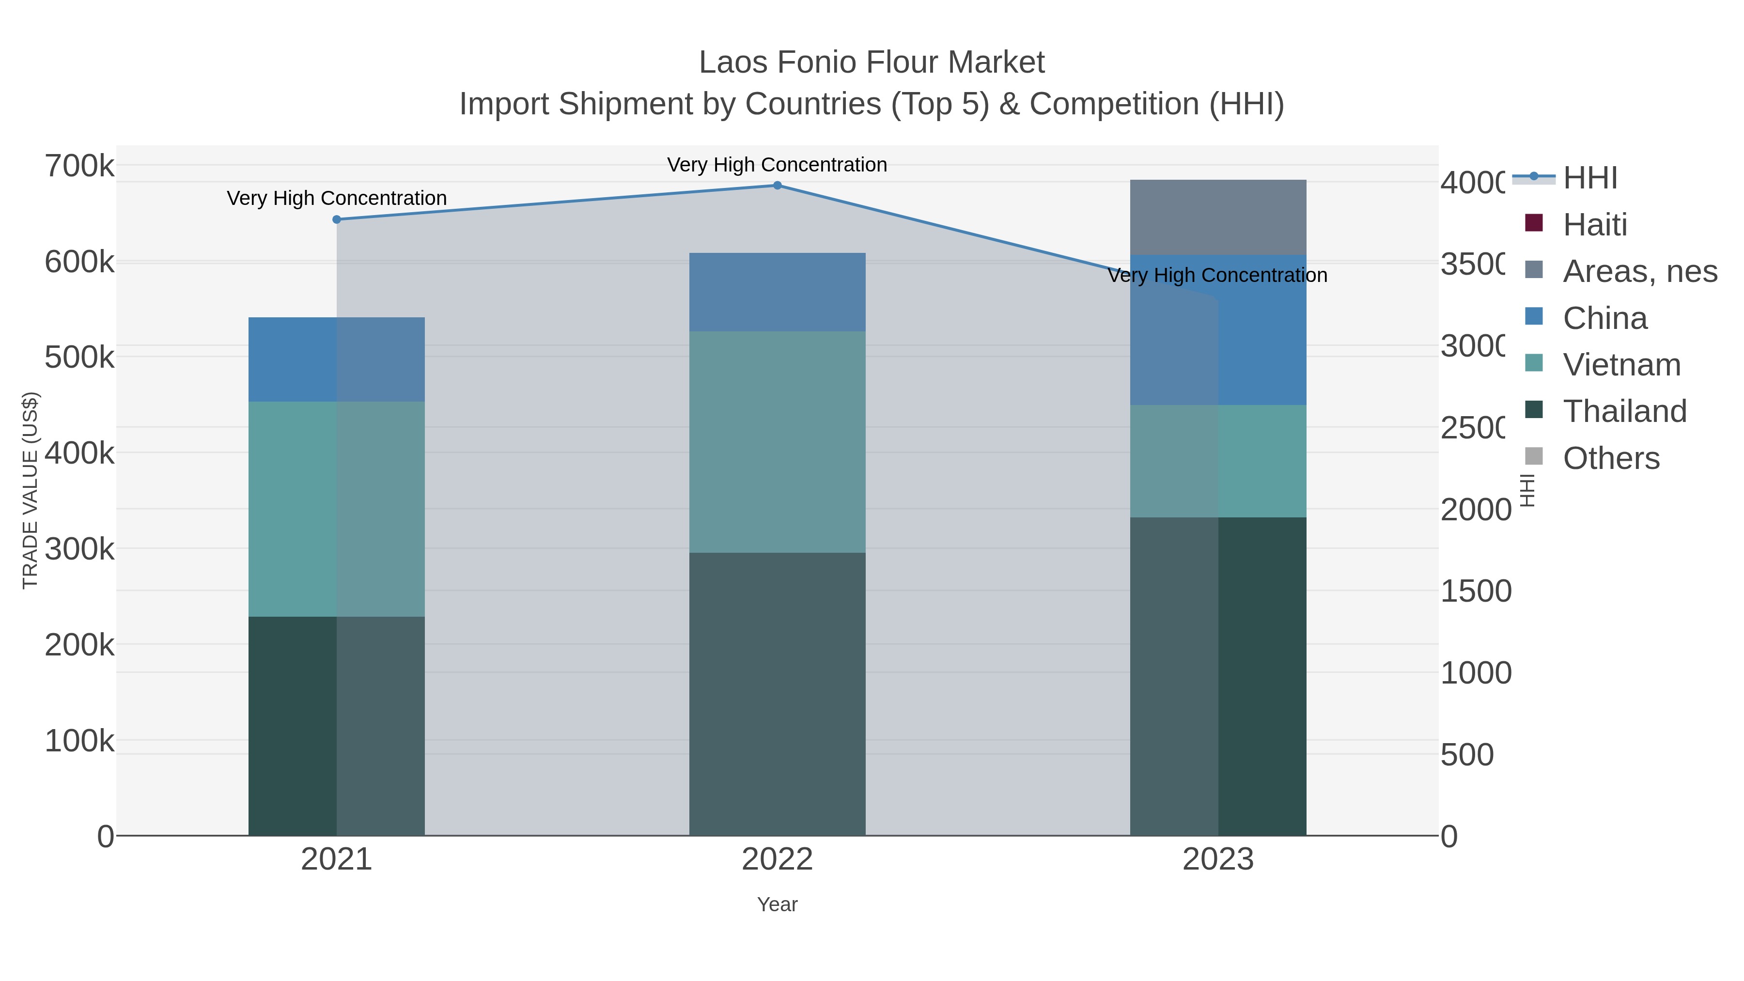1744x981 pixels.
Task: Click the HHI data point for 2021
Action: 337,219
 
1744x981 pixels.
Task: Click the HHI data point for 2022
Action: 777,186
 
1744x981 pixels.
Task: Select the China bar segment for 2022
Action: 777,293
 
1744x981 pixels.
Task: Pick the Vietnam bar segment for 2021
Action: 337,509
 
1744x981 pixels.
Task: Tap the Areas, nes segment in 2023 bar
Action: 1218,218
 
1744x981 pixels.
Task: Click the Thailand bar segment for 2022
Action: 777,694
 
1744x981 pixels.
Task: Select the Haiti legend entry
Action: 1594,225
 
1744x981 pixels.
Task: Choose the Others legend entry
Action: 1611,458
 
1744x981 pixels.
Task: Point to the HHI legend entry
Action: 1589,178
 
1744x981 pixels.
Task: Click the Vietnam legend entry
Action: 1621,365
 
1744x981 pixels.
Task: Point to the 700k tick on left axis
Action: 79,166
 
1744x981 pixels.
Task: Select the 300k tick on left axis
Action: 79,549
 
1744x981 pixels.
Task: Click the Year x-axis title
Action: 777,904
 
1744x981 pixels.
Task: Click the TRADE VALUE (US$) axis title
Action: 31,490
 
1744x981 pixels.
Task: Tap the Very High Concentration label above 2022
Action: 777,165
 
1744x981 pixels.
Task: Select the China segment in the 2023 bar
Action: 1218,330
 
